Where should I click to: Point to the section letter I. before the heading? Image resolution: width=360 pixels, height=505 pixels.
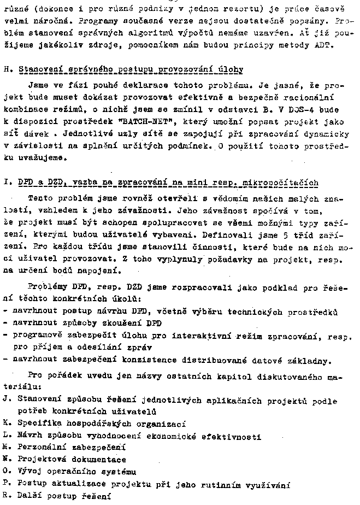(5, 182)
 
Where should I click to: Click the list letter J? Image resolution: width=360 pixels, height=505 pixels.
(5, 400)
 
